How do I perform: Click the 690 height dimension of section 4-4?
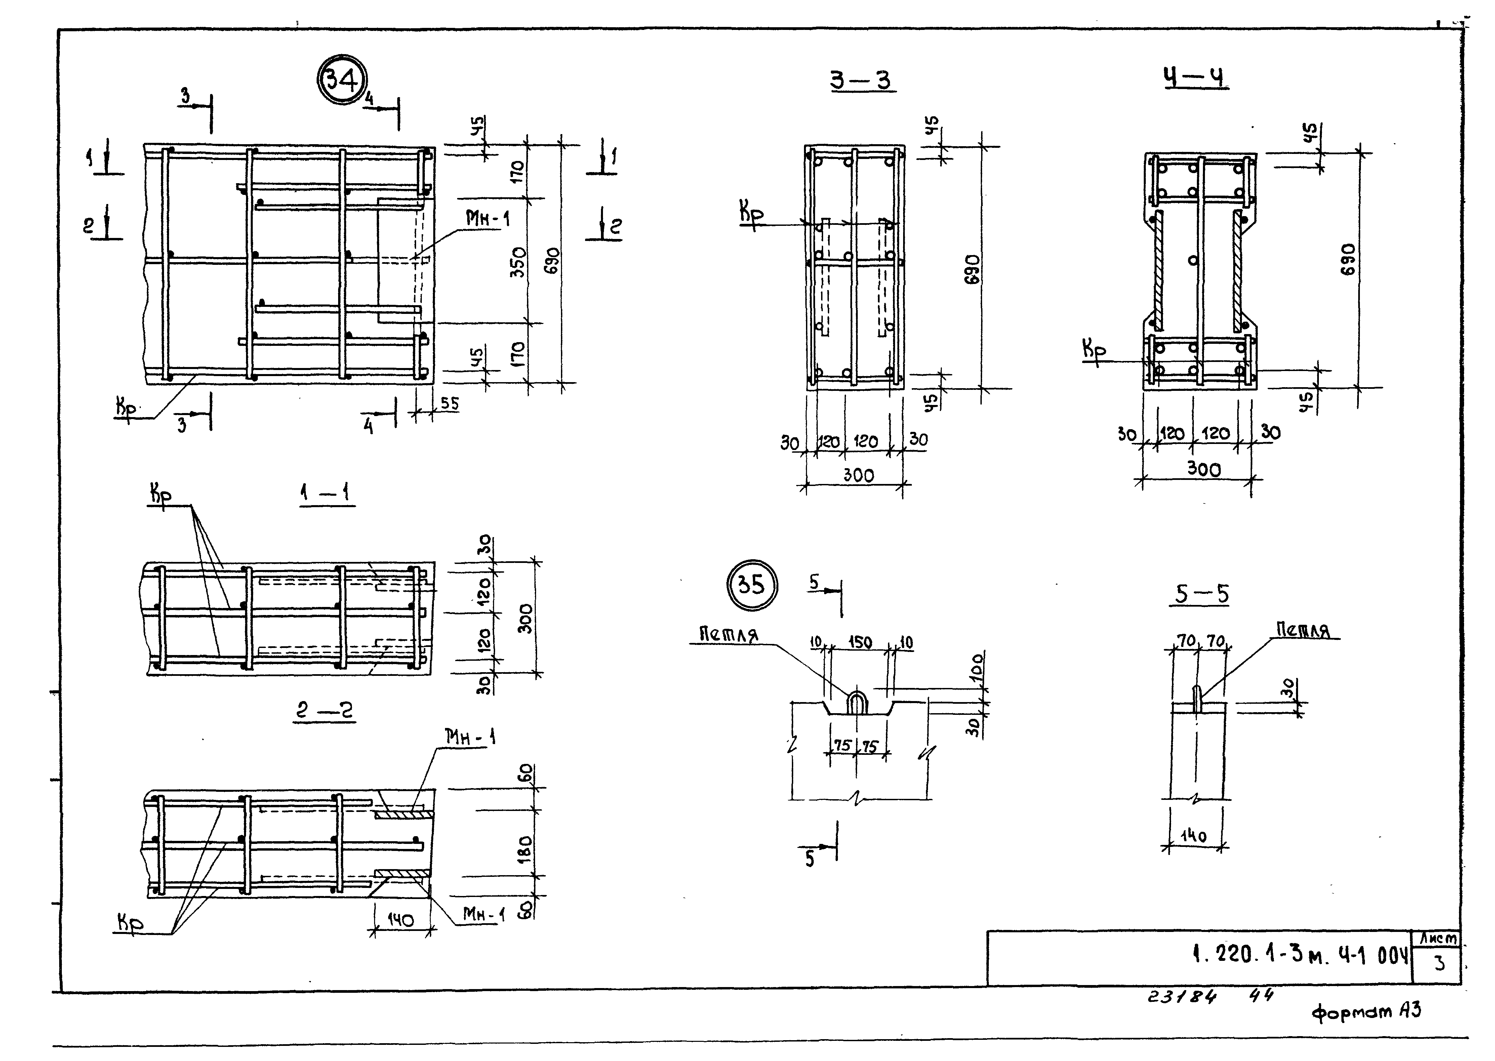[x=1348, y=260]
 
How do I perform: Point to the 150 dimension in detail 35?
[x=860, y=642]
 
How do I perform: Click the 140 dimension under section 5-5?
[x=1193, y=835]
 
